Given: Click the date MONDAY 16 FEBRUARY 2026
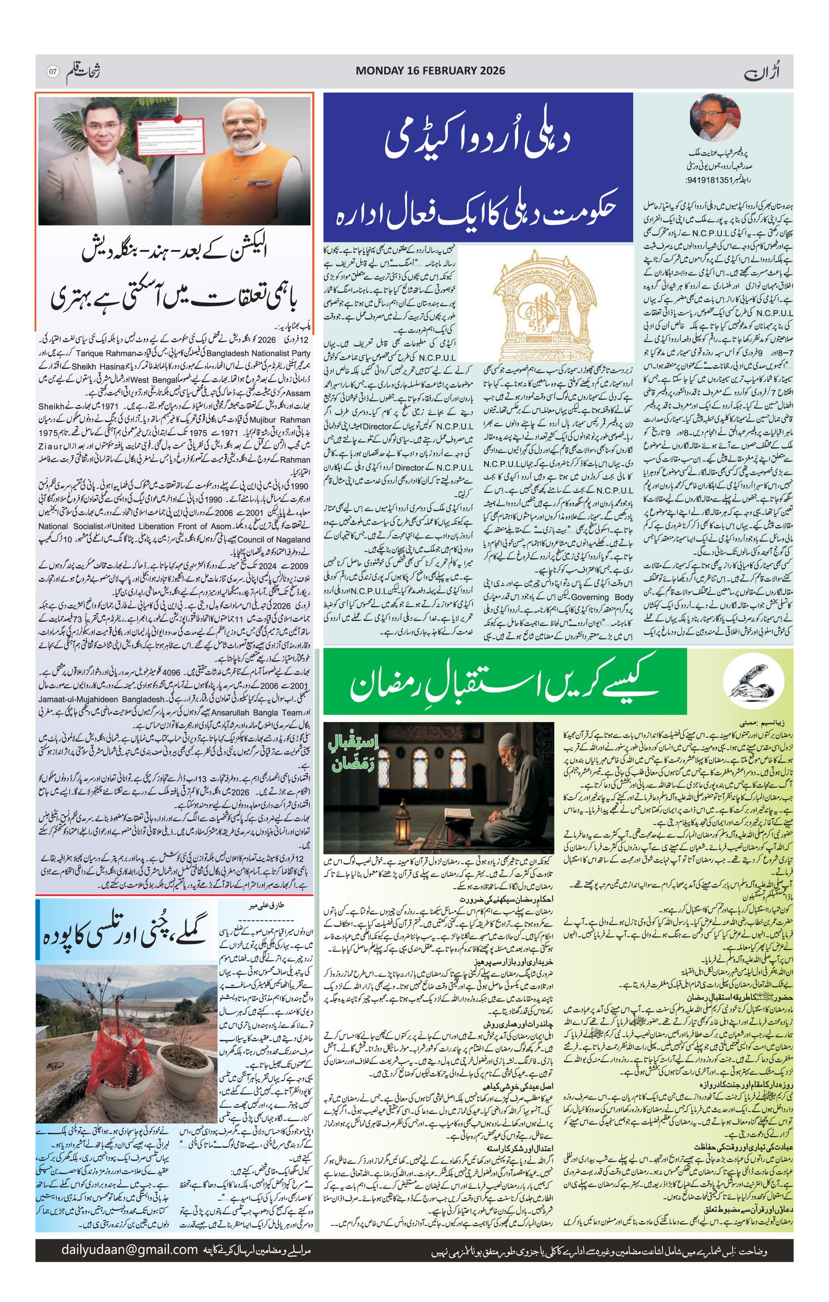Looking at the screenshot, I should [x=430, y=70].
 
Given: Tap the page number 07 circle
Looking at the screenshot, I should [x=52, y=71].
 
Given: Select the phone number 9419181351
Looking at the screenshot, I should [x=710, y=180].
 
